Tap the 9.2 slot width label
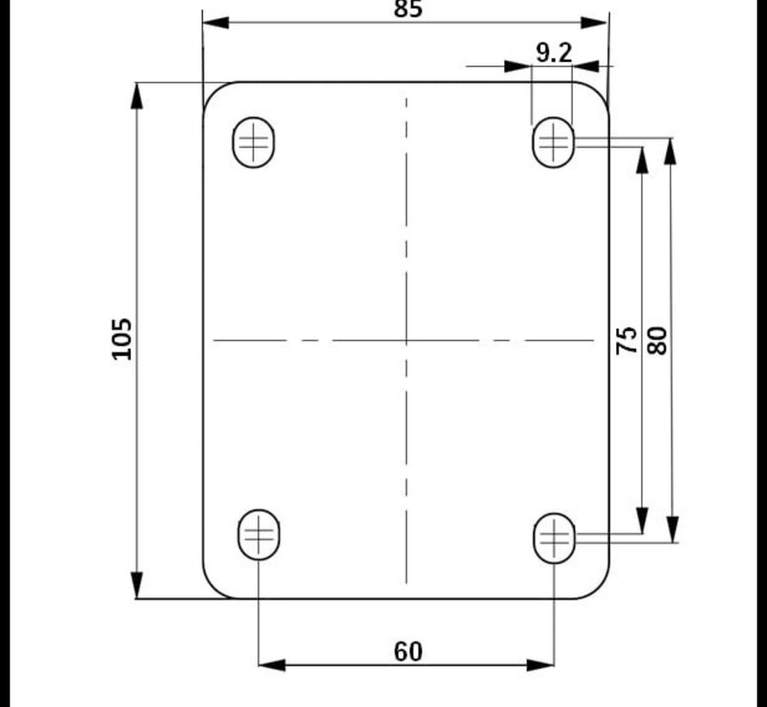tap(553, 53)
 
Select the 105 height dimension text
tap(122, 339)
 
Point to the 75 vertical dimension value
tap(628, 340)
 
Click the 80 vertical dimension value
tap(658, 340)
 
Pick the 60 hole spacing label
tap(408, 652)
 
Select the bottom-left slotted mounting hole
tap(259, 535)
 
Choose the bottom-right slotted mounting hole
tap(554, 539)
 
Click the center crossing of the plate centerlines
tap(407, 341)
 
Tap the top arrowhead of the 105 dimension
tap(136, 96)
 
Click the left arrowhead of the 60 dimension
tap(271, 664)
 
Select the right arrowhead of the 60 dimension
tap(540, 664)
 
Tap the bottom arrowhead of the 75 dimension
tap(642, 521)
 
